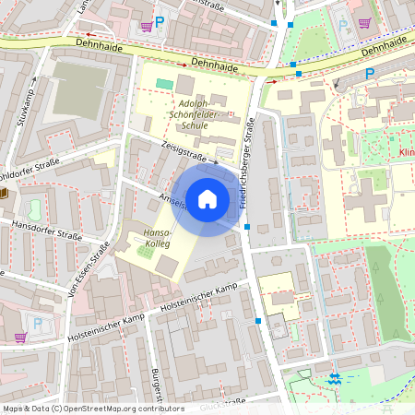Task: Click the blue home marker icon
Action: pos(207,198)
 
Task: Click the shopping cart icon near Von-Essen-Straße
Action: pos(20,338)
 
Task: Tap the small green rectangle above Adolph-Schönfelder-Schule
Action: pos(164,84)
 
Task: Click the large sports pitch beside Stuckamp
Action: pos(79,90)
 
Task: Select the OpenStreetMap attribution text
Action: pos(92,408)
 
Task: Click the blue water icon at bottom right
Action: pos(335,379)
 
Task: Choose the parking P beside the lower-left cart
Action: pos(38,323)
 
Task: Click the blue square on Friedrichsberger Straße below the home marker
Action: pos(247,226)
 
